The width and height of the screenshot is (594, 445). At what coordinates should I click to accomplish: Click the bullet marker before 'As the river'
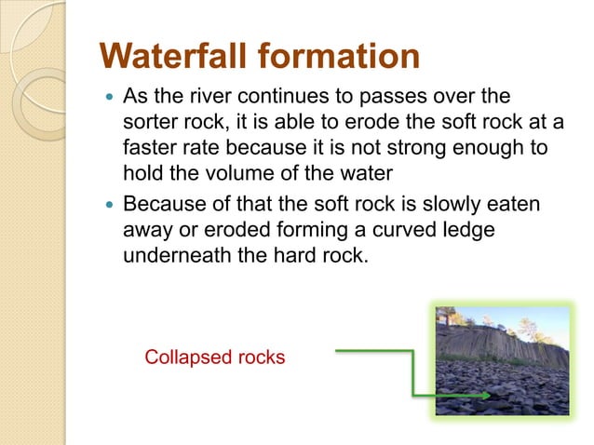click(x=110, y=100)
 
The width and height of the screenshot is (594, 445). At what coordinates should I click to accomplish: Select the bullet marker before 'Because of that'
click(x=110, y=204)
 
